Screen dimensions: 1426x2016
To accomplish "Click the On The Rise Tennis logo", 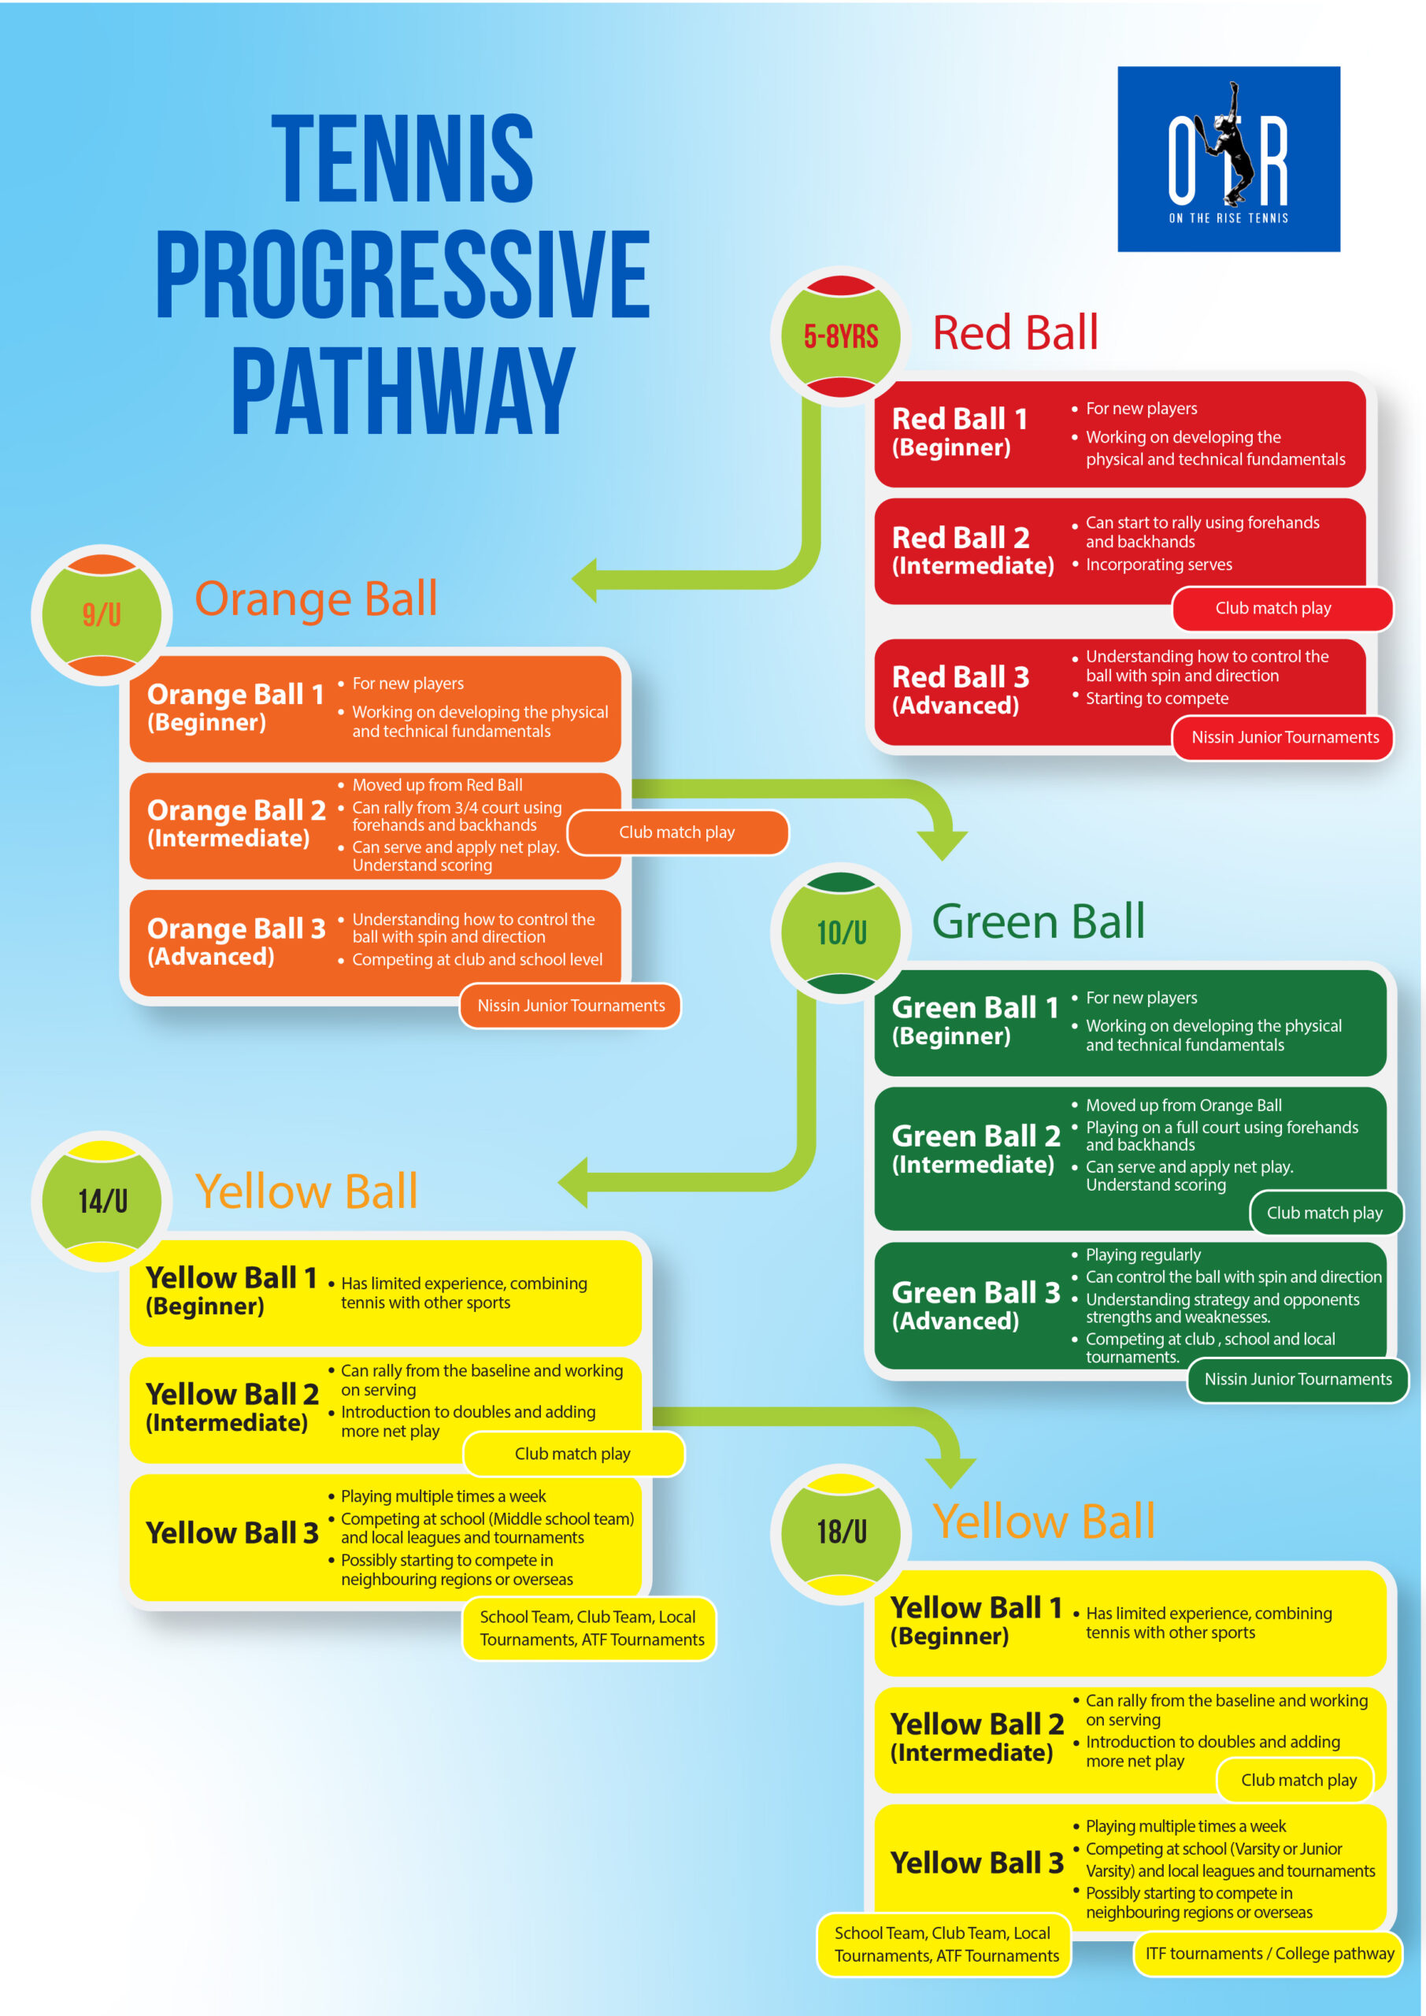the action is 1228,159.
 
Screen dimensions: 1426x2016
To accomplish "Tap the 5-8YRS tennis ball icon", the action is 840,336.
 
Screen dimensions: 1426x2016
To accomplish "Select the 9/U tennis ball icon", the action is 102,614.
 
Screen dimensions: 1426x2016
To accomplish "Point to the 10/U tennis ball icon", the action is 840,932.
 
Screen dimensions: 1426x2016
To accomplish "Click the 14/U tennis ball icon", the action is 102,1201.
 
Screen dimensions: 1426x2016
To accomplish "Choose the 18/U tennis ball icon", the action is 840,1533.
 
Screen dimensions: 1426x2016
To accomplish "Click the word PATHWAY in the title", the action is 403,391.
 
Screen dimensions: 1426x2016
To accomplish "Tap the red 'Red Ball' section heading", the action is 1015,333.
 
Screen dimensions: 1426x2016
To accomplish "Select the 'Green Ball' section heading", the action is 1038,922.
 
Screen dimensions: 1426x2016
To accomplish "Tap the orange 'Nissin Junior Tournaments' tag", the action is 571,1006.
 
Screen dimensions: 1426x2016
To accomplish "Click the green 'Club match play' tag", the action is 1324,1214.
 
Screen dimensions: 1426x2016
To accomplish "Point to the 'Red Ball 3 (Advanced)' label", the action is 961,691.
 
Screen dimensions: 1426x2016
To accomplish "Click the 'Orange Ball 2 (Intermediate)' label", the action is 236,824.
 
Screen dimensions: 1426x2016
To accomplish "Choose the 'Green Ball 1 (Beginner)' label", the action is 975,1021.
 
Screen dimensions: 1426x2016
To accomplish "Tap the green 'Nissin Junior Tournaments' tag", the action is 1298,1380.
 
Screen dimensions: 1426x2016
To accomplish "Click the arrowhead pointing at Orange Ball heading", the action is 585,580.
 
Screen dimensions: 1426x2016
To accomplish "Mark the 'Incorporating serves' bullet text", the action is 1158,565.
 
